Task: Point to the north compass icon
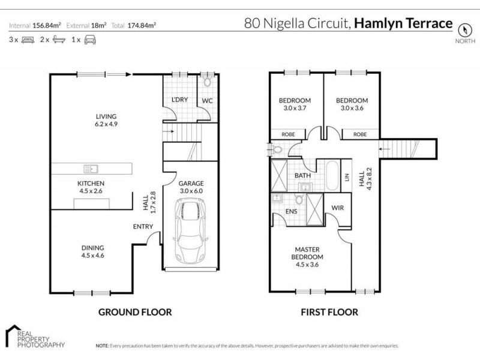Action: click(463, 29)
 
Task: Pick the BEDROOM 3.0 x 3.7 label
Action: click(295, 104)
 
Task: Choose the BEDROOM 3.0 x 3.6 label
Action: click(352, 104)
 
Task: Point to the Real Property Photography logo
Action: click(35, 335)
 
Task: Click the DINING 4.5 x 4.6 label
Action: click(93, 251)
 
